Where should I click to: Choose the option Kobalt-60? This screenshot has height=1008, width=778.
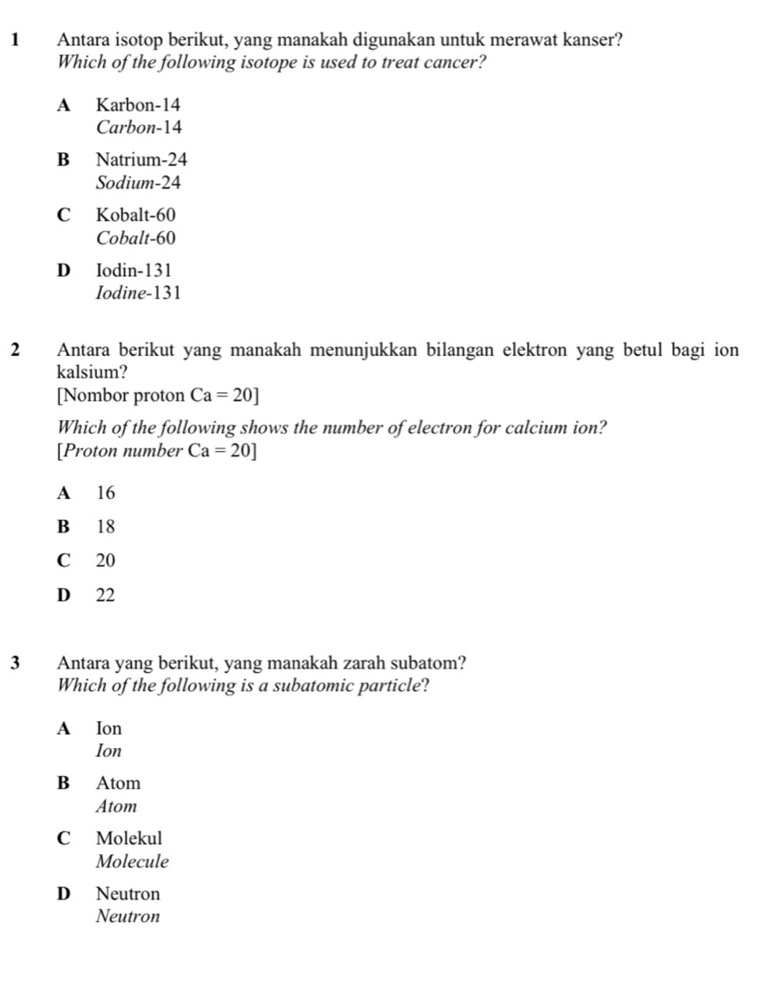click(x=135, y=216)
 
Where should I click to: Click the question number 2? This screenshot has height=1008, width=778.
click(x=18, y=350)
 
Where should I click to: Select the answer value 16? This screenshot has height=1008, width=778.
click(x=106, y=494)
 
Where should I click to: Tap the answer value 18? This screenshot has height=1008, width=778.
click(x=106, y=526)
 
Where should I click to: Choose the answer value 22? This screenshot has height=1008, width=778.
click(x=106, y=595)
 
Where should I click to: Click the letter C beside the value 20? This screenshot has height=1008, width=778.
click(x=62, y=561)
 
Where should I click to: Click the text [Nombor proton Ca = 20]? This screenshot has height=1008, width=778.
click(x=157, y=396)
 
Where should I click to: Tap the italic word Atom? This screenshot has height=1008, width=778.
click(x=116, y=806)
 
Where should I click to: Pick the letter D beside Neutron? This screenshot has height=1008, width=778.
click(x=62, y=894)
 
